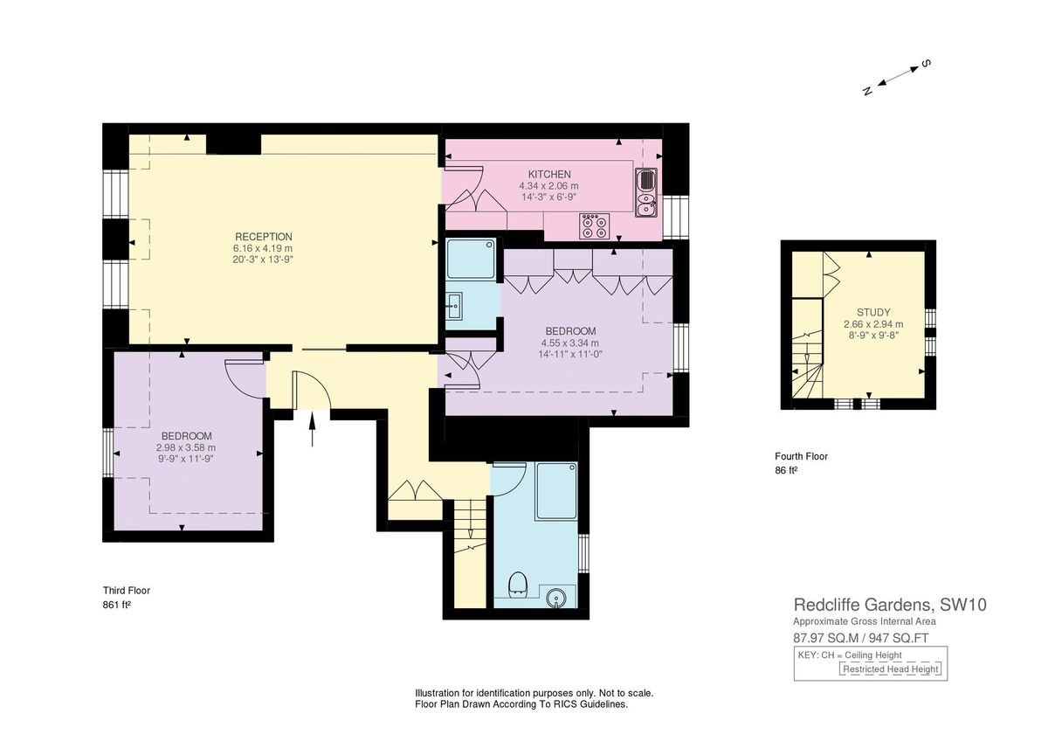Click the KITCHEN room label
pyautogui.click(x=549, y=174)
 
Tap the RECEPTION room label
pyautogui.click(x=263, y=237)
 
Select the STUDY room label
pyautogui.click(x=872, y=311)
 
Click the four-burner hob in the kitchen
pyautogui.click(x=594, y=226)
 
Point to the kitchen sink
pyautogui.click(x=647, y=193)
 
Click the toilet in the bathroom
pyautogui.click(x=518, y=583)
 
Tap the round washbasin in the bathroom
pyautogui.click(x=556, y=599)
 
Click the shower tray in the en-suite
pyautogui.click(x=471, y=260)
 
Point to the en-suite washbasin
pyautogui.click(x=454, y=306)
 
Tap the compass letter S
pyautogui.click(x=927, y=64)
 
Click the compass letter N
pyautogui.click(x=867, y=91)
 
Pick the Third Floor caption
pyautogui.click(x=127, y=591)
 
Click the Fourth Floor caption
pyautogui.click(x=801, y=456)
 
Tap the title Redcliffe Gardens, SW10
pyautogui.click(x=890, y=605)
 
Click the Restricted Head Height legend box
pyautogui.click(x=891, y=669)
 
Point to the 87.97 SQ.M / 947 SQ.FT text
pyautogui.click(x=860, y=637)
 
